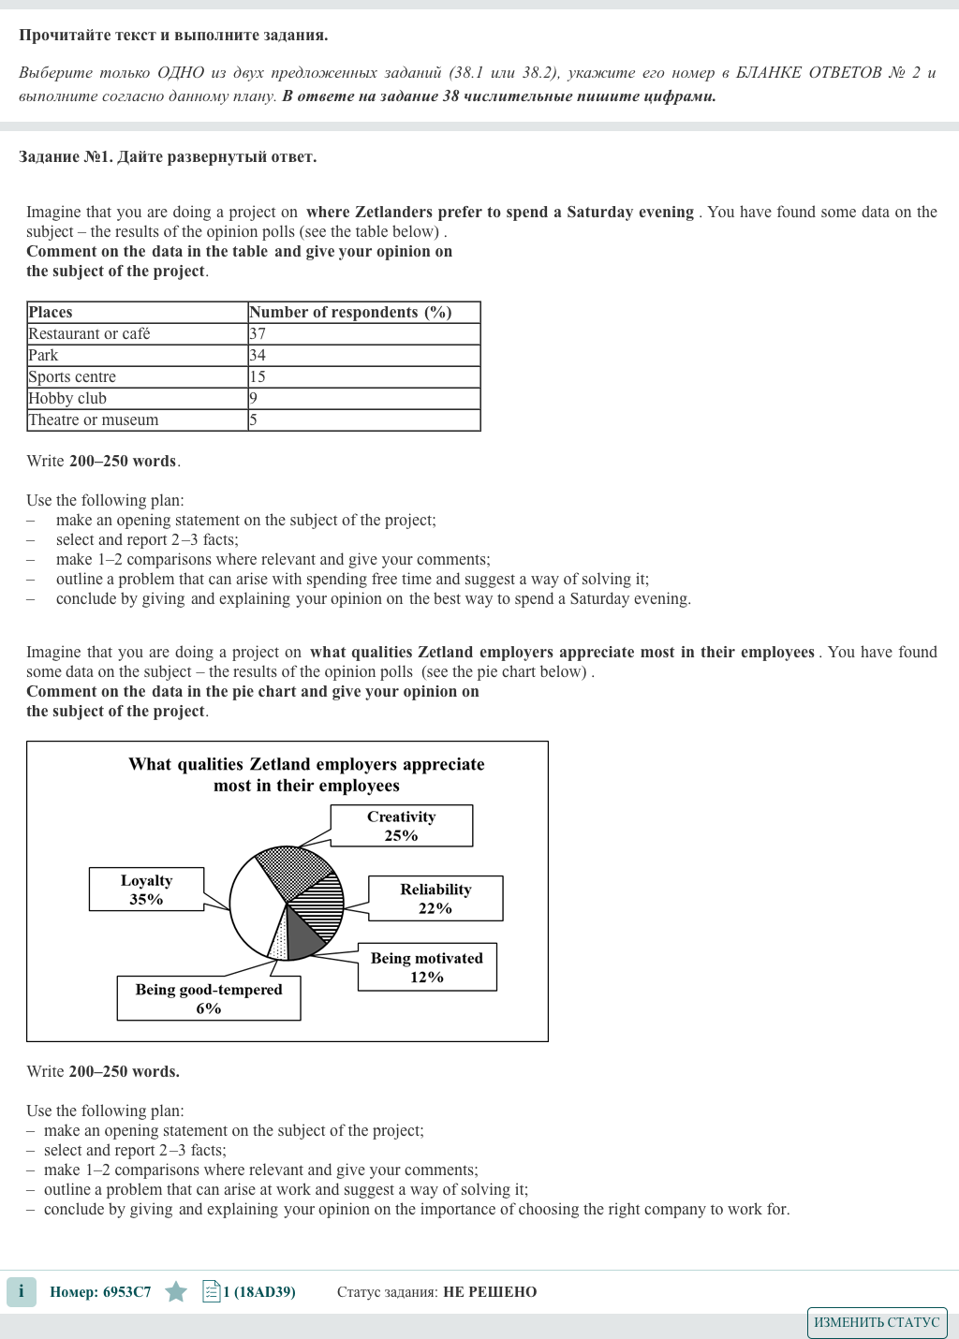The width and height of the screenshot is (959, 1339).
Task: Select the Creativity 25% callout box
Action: point(401,826)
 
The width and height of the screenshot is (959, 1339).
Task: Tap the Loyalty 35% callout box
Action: point(146,890)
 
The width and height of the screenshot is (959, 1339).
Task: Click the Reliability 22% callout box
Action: point(435,899)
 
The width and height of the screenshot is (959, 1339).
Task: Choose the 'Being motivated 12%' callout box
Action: point(427,967)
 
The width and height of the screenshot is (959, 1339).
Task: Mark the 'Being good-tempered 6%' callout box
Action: point(209,999)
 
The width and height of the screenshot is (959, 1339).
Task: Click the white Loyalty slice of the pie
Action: point(255,908)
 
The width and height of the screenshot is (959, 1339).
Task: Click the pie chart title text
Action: point(306,775)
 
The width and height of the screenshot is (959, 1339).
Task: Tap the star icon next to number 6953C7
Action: point(176,1292)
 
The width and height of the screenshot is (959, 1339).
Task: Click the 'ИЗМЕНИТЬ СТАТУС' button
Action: point(877,1322)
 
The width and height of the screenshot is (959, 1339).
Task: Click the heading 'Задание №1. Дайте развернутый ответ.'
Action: point(168,157)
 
